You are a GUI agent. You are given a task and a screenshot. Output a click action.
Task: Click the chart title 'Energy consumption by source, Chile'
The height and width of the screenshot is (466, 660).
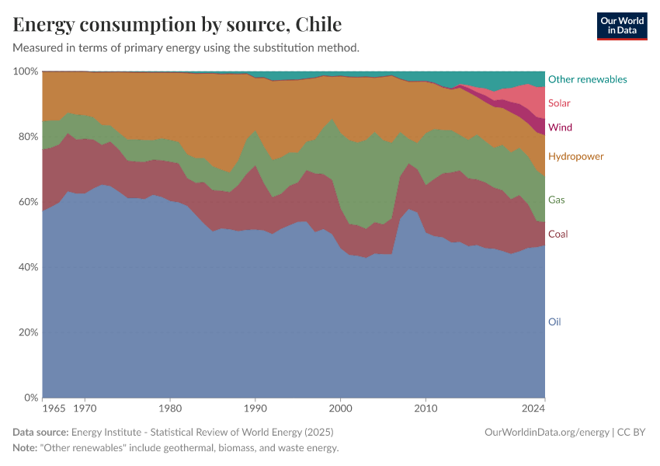coord(177,24)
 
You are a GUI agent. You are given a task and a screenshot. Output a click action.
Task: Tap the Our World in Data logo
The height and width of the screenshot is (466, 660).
coord(621,26)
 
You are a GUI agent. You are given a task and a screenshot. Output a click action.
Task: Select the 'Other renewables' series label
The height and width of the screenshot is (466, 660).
coord(587,79)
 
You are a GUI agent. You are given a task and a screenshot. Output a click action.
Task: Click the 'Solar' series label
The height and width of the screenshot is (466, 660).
coord(559,103)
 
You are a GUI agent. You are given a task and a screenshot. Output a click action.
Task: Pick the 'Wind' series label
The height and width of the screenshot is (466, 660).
coord(560,127)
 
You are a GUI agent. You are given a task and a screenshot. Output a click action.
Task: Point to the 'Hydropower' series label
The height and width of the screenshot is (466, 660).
coord(575,156)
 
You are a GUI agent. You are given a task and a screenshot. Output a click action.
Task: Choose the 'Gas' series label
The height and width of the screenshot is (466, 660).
coord(556,200)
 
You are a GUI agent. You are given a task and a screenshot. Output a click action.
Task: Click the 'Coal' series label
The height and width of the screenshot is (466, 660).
coord(558,234)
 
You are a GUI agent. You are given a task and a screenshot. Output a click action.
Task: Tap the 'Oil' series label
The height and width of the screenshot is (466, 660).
coord(554,322)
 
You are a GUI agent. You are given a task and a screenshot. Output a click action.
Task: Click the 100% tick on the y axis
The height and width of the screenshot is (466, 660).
coord(26,71)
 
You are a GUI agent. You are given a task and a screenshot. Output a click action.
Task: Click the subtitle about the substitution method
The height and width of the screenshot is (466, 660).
coord(186,47)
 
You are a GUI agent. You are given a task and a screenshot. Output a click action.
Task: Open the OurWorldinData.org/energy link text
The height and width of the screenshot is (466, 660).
coord(546,432)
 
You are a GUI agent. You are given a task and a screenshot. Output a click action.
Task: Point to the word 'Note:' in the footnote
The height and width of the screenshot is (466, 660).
coord(27,448)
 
